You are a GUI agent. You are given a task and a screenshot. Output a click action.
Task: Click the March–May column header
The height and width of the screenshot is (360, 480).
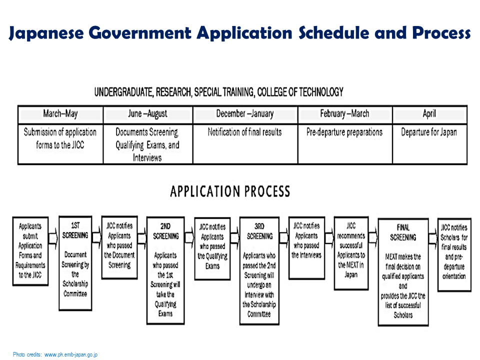[x=60, y=114]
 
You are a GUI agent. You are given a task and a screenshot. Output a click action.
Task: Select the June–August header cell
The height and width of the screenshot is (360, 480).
[x=148, y=114]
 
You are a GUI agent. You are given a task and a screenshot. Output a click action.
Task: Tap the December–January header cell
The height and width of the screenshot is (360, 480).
[x=245, y=114]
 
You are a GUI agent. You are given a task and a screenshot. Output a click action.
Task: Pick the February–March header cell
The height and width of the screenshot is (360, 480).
[x=344, y=114]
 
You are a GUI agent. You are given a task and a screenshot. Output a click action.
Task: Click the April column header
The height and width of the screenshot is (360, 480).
[x=429, y=114]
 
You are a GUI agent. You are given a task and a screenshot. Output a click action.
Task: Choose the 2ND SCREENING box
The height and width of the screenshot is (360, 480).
[x=165, y=270]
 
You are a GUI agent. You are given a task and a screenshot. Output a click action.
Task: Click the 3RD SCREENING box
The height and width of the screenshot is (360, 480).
[x=259, y=270]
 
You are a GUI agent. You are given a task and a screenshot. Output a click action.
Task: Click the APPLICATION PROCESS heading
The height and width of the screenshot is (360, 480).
[x=230, y=192]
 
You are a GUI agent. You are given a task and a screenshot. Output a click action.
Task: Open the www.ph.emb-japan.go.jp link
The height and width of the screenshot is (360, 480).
[x=71, y=354]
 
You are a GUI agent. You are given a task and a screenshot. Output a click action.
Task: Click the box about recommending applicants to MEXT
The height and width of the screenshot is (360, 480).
[x=351, y=253]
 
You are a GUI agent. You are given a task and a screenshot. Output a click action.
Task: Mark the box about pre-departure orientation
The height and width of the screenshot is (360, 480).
[x=453, y=253]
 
